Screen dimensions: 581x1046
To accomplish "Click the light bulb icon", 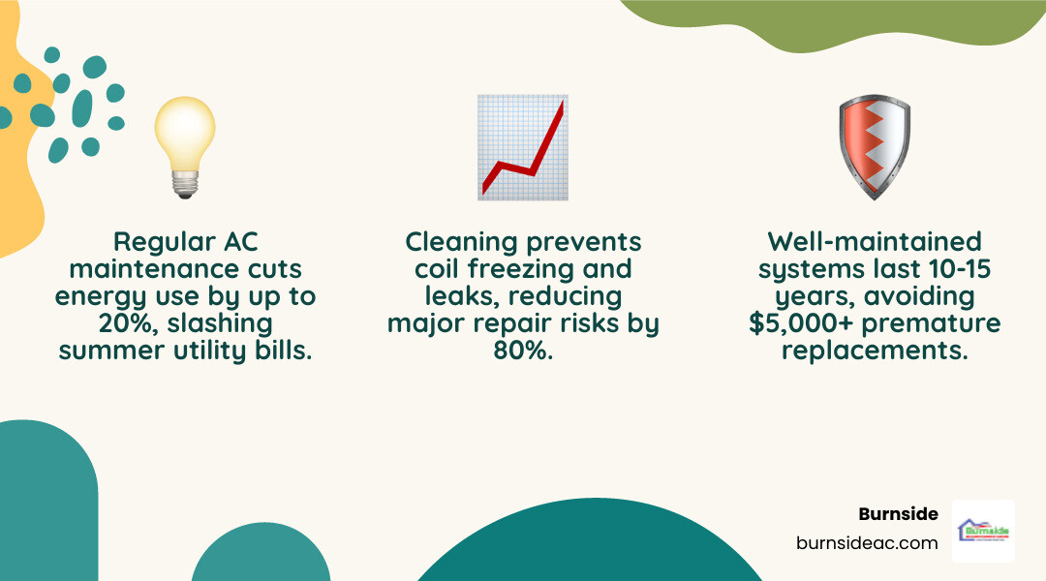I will click(185, 145).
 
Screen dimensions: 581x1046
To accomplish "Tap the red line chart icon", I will click(523, 147).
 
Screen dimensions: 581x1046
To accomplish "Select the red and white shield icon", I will click(874, 147).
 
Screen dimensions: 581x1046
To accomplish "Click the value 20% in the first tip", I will click(92, 323).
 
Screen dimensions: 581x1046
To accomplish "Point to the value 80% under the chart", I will click(523, 351).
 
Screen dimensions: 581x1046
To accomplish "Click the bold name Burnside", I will click(898, 514).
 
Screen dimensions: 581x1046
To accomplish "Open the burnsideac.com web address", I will click(867, 543).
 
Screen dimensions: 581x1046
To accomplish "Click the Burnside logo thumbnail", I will click(983, 531).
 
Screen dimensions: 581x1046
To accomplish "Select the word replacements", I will click(874, 351).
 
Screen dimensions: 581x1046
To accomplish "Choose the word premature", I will click(939, 323).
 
